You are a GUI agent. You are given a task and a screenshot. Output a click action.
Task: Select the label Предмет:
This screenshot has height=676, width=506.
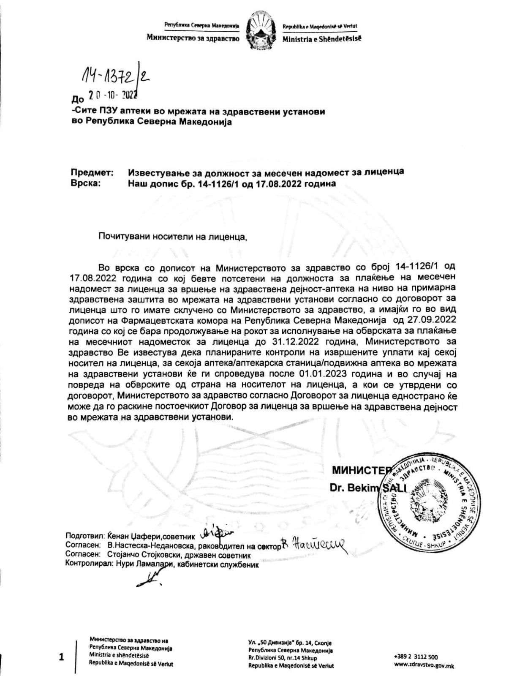pos(92,172)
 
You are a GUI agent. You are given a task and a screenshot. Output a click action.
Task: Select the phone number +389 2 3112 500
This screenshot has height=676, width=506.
pos(416,657)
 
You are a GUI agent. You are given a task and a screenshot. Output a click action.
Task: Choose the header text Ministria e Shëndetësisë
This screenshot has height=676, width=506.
pos(322,39)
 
